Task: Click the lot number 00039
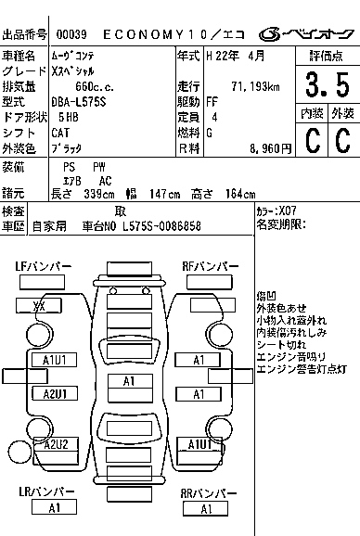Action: (x=72, y=34)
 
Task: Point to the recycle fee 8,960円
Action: (x=253, y=147)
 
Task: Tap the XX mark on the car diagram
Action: (x=40, y=305)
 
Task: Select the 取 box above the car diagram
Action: (x=121, y=290)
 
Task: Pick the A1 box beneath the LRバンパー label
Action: (x=53, y=507)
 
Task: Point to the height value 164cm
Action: (x=239, y=193)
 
